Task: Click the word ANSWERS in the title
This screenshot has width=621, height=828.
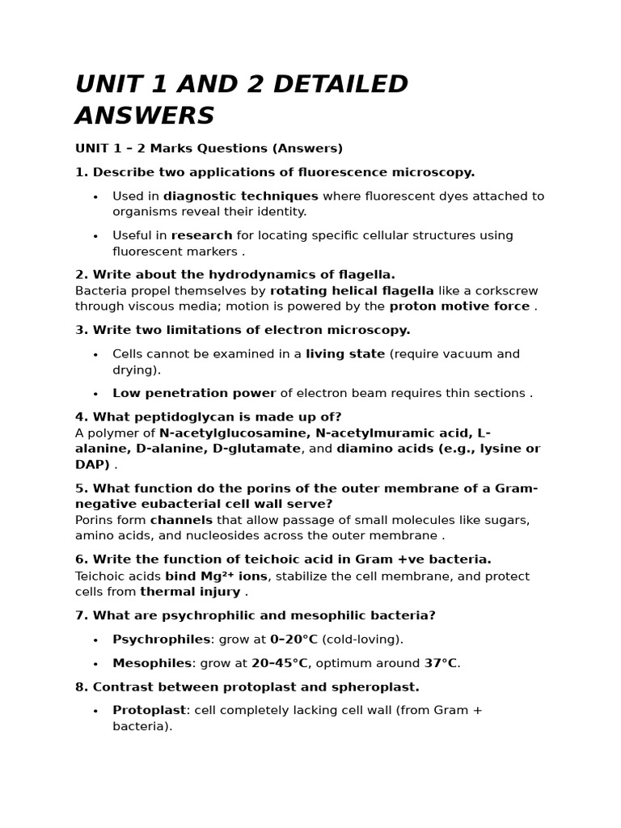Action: click(x=145, y=116)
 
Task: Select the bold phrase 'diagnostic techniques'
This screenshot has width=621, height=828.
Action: click(x=241, y=196)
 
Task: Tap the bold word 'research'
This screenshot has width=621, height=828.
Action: click(x=201, y=235)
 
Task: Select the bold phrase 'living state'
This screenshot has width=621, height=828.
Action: click(x=345, y=353)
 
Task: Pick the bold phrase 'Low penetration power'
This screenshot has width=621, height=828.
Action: click(x=194, y=393)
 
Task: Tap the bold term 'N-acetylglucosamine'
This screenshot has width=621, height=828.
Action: click(x=229, y=433)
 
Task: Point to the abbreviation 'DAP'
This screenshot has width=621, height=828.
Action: click(x=91, y=465)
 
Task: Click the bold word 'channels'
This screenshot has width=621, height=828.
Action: click(x=181, y=520)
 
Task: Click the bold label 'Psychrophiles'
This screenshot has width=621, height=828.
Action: click(x=161, y=639)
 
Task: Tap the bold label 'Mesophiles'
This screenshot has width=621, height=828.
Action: click(x=152, y=663)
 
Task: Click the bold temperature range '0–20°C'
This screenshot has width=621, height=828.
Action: click(x=294, y=639)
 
